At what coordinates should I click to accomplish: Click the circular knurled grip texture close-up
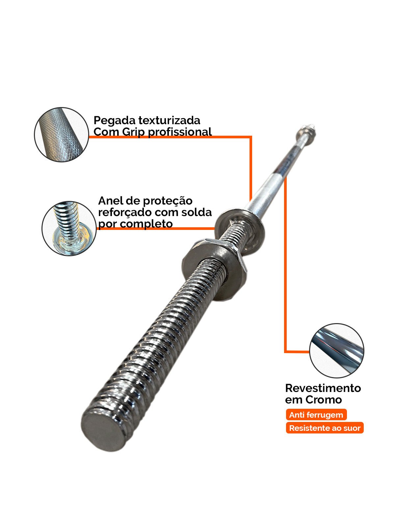(62, 134)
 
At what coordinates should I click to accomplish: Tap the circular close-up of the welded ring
(69, 229)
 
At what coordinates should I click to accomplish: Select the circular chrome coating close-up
(336, 350)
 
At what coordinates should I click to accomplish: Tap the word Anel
(111, 200)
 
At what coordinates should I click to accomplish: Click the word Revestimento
(323, 388)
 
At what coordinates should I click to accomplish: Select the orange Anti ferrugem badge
(316, 415)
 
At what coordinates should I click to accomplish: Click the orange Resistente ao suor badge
(325, 428)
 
